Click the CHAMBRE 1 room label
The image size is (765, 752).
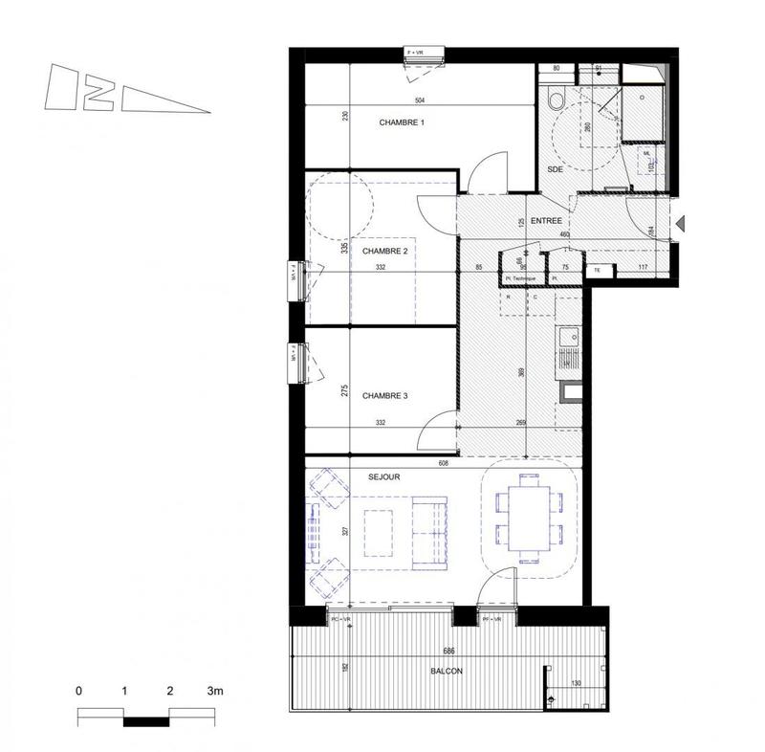[402, 122]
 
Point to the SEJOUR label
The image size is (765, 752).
[382, 476]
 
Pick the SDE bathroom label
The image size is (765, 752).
[555, 169]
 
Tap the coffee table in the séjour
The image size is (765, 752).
[381, 532]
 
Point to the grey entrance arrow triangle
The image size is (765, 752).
[681, 224]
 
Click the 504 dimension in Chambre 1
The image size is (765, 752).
[419, 100]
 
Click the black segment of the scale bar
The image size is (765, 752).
[146, 717]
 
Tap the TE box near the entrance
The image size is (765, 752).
[597, 271]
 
